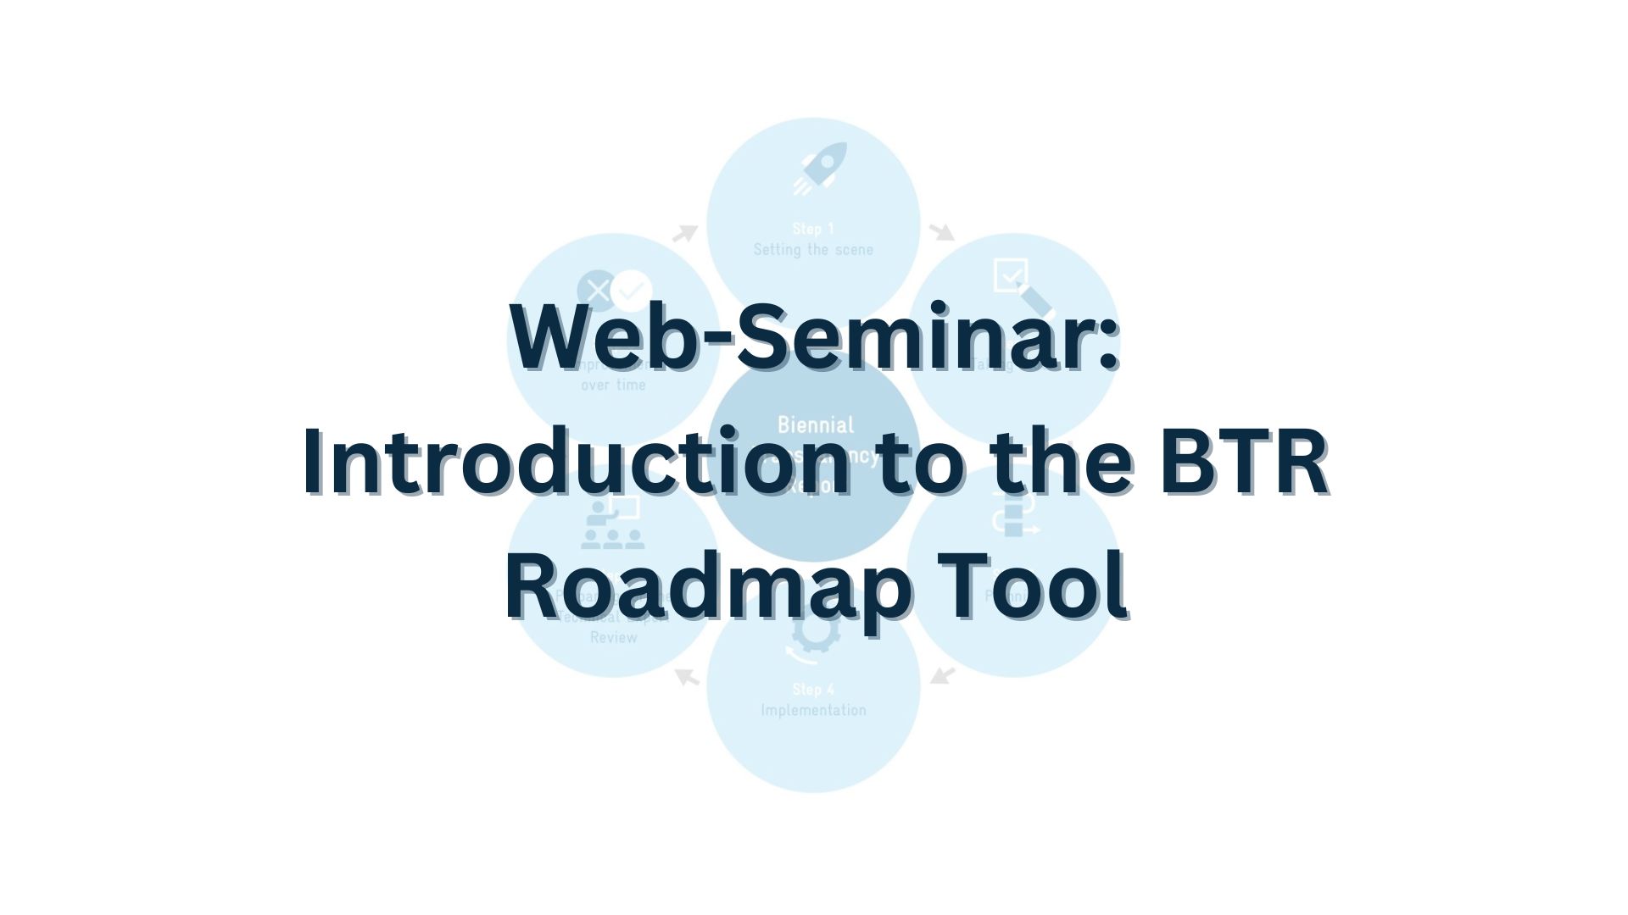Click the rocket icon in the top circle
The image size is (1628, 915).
pyautogui.click(x=819, y=168)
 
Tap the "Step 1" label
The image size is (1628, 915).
pyautogui.click(x=813, y=229)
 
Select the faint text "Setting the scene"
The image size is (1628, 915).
pyautogui.click(x=813, y=250)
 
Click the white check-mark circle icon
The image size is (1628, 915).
pyautogui.click(x=631, y=291)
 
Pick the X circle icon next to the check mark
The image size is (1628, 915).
pyautogui.click(x=597, y=291)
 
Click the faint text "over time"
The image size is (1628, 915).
pyautogui.click(x=613, y=385)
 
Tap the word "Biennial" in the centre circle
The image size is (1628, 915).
pyautogui.click(x=816, y=424)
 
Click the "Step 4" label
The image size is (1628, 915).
pyautogui.click(x=813, y=689)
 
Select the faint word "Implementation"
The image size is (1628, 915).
pyautogui.click(x=813, y=710)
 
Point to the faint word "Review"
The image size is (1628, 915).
pyautogui.click(x=613, y=637)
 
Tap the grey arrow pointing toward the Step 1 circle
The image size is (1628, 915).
pyautogui.click(x=685, y=231)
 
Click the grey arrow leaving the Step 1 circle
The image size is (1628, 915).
pyautogui.click(x=942, y=231)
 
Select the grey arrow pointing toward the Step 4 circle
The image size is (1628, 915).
pyautogui.click(x=942, y=675)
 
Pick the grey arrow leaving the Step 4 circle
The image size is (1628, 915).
pyautogui.click(x=687, y=677)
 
